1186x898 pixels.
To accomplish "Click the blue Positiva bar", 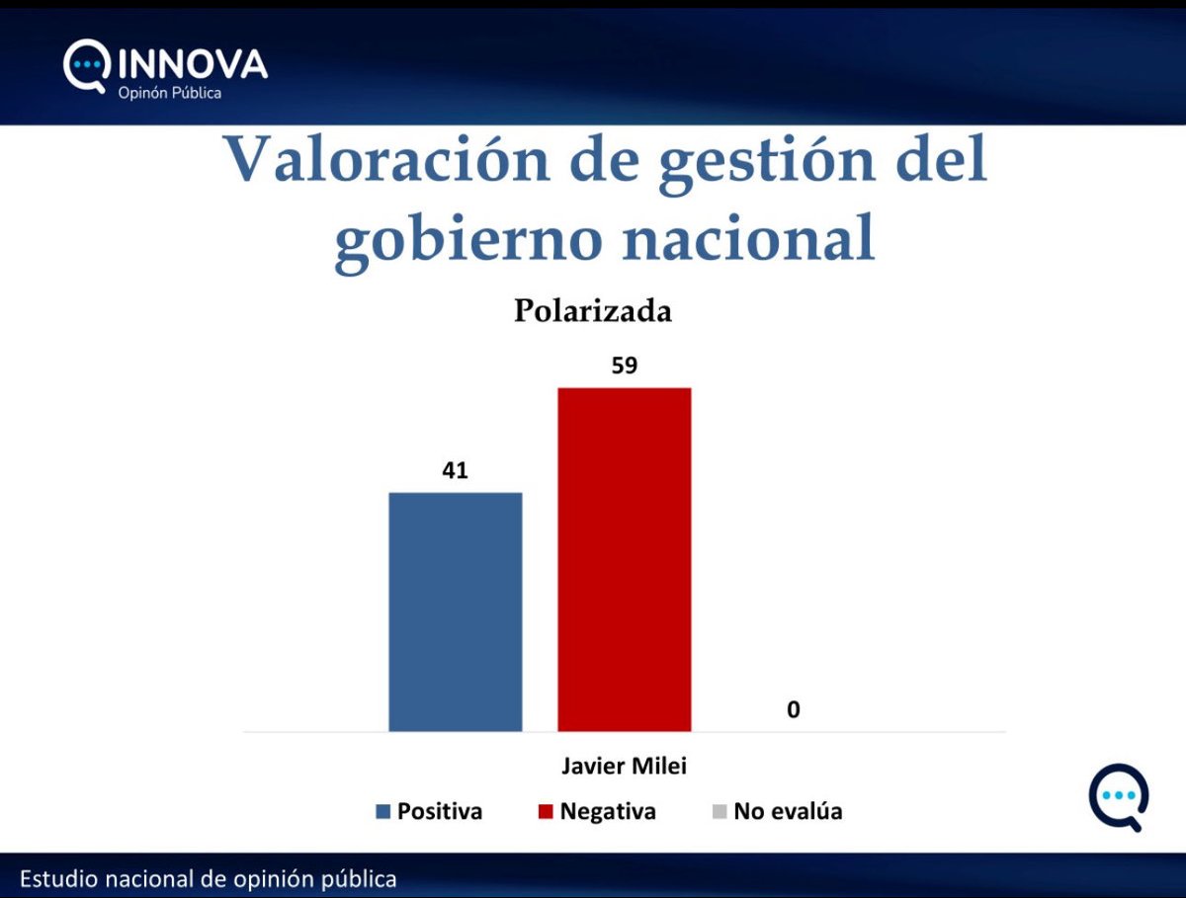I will (x=456, y=612).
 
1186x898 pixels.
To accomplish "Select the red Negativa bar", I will (x=624, y=559).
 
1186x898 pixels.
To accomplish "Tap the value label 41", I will (x=455, y=470).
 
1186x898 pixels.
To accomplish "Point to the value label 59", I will (x=624, y=366).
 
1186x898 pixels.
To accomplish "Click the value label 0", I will (x=793, y=709).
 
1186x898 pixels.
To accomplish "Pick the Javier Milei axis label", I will (x=624, y=767).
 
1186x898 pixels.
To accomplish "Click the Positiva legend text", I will (x=440, y=812).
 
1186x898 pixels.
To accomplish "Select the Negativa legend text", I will (x=608, y=812).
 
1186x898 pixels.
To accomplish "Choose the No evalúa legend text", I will (x=788, y=812).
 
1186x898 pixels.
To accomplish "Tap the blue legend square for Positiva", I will (x=383, y=812).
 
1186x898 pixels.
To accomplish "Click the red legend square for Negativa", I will (x=546, y=812).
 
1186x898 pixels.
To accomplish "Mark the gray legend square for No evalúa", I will (x=719, y=812).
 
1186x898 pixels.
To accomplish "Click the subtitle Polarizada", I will (x=592, y=310).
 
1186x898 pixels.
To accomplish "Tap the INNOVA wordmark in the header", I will (x=193, y=64).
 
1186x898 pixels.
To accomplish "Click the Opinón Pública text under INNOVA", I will (x=170, y=94).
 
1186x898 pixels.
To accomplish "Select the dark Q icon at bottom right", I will (x=1119, y=795).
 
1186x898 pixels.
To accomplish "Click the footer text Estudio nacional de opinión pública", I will (x=208, y=878).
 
